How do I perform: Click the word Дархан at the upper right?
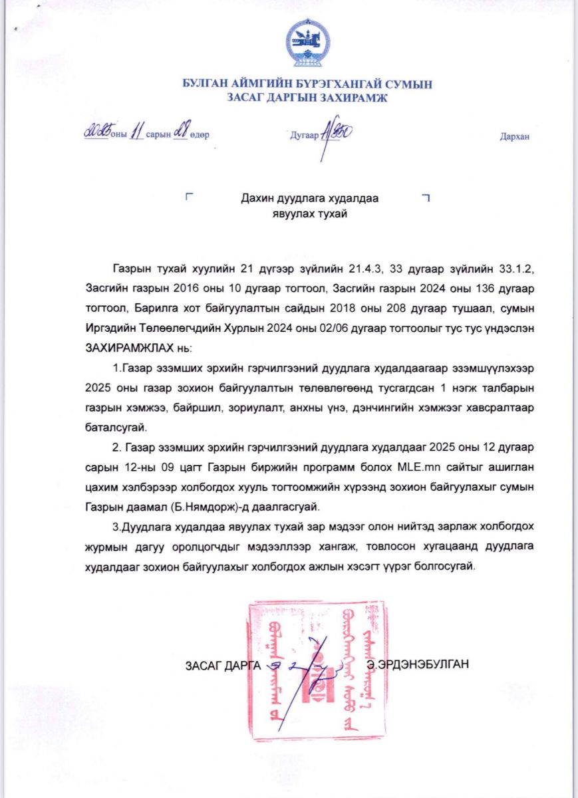click(514, 136)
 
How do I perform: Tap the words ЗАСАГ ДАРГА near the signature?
click(223, 664)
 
